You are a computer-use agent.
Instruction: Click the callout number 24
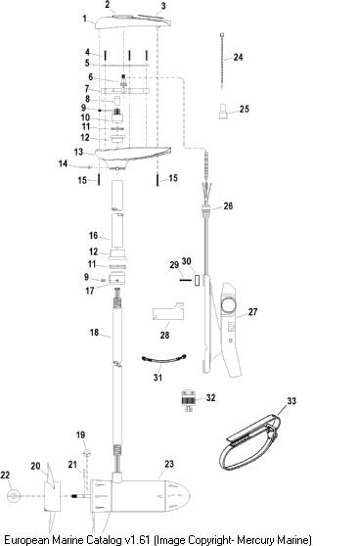pos(238,57)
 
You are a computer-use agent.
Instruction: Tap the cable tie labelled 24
pos(222,61)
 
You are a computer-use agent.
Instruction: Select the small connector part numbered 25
pos(223,112)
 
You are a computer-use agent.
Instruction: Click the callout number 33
pos(292,401)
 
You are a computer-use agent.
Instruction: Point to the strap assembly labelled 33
pos(249,442)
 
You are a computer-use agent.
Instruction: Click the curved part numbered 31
pos(164,360)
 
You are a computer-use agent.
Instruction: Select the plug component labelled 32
pos(189,401)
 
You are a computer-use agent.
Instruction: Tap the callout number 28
pos(164,335)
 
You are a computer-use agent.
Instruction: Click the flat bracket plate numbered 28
pos(168,311)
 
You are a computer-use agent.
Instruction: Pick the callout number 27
pos(252,312)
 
